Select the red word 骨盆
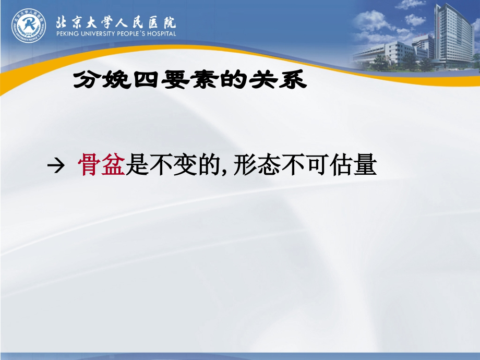[101, 166]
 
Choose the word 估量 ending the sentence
[353, 166]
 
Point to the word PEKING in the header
[66, 34]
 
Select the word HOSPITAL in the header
[160, 34]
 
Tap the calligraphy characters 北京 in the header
[68, 22]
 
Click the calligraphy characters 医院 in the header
[162, 22]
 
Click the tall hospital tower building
[453, 34]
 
